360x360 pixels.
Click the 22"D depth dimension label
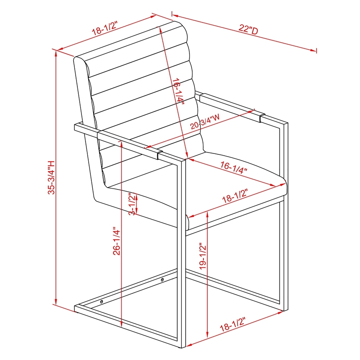pos(248,30)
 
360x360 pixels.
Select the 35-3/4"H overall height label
pos(51,177)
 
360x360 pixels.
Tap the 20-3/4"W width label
pos(205,121)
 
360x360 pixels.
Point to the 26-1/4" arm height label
pos(117,241)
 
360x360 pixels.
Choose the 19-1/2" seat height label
pos(203,256)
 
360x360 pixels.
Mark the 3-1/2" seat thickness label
pos(132,204)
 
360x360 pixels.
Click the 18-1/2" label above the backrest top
pos(105,28)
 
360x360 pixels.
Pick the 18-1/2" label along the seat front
pos(235,196)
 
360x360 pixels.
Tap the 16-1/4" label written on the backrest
pos(178,92)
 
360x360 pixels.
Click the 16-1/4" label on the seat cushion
pos(234,167)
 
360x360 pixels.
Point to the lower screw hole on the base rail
pos(102,301)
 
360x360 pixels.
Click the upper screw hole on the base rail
pos(162,279)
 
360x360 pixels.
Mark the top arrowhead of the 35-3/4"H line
pos(56,54)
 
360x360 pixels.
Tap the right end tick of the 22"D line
pos(317,51)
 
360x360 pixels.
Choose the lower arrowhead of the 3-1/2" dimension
pos(136,211)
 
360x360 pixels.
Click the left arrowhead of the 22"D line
pos(175,16)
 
